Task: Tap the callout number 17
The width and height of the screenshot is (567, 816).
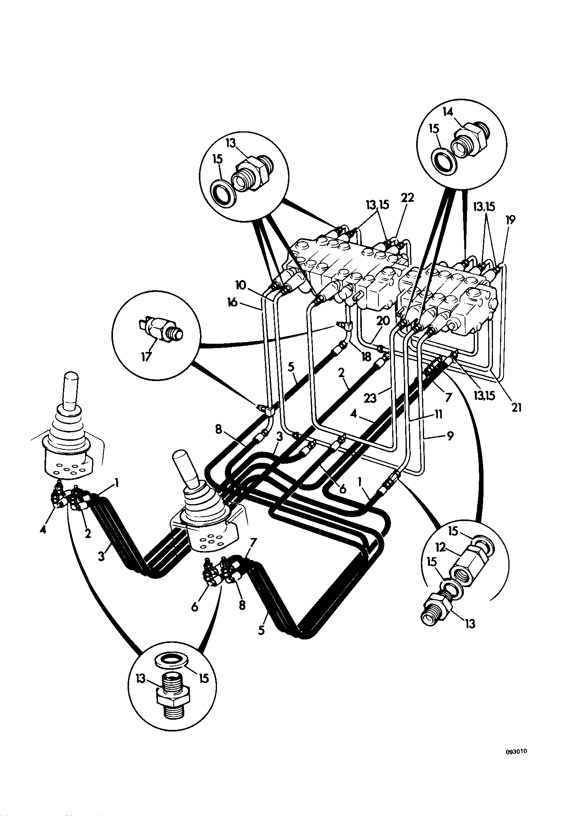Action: [146, 357]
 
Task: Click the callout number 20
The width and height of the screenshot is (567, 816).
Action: [383, 321]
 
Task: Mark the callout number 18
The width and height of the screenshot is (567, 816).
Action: [366, 357]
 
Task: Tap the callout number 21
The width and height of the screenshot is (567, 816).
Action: [516, 408]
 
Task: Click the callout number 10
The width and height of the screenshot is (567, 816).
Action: [242, 284]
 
